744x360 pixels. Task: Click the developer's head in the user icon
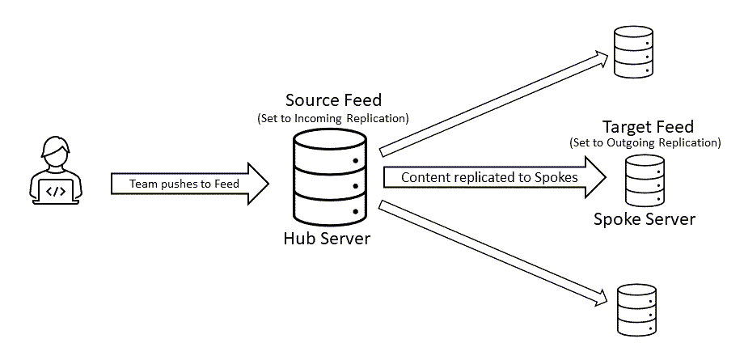54,154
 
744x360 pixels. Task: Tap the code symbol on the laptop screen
54,192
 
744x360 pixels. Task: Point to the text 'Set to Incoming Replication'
333,118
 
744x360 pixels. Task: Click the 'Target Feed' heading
648,128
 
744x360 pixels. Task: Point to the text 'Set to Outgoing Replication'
645,143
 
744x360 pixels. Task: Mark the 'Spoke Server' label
645,219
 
